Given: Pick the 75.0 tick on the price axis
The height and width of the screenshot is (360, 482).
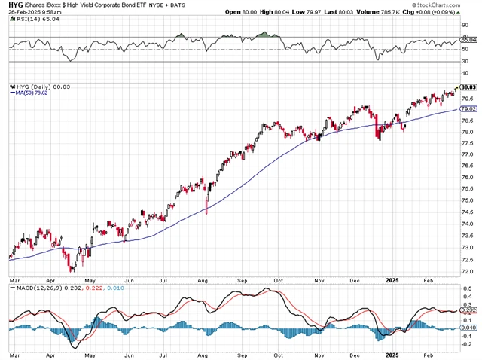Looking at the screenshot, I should pyautogui.click(x=468, y=200).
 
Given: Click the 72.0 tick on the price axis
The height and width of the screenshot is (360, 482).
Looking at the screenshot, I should pyautogui.click(x=468, y=270).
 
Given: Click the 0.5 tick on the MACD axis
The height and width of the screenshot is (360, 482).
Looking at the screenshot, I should pyautogui.click(x=466, y=288).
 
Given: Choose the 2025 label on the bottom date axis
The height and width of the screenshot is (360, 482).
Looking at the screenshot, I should pyautogui.click(x=392, y=354).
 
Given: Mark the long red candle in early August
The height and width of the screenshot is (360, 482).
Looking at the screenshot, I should pyautogui.click(x=206, y=204).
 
